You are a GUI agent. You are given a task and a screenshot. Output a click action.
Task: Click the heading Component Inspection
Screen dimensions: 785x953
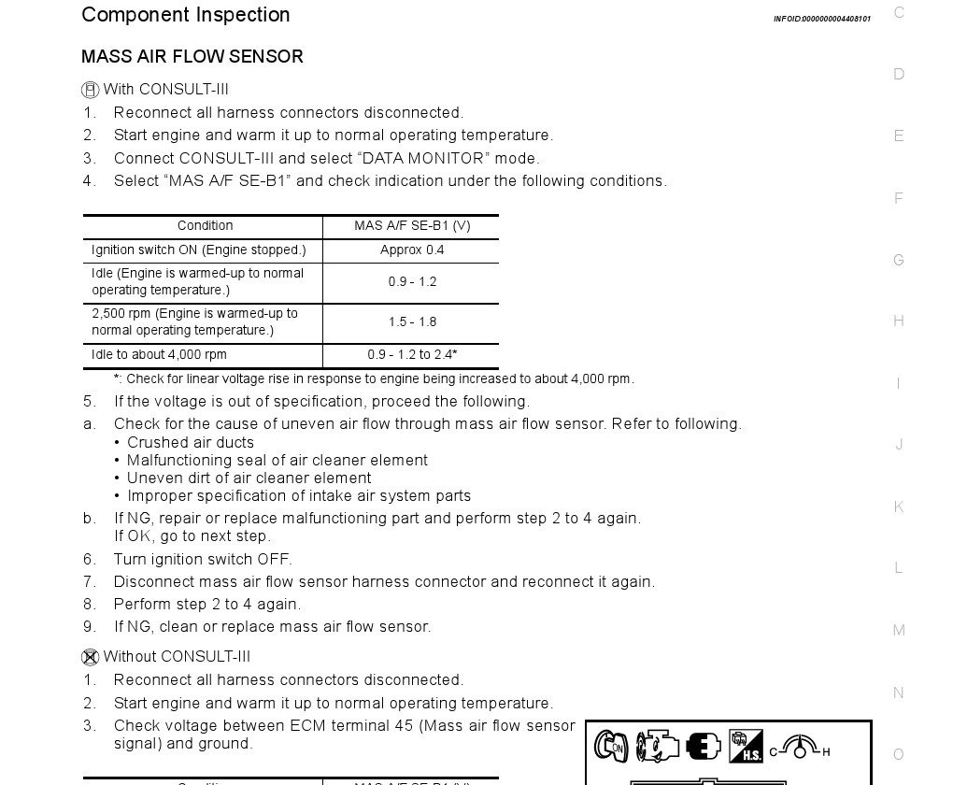(x=185, y=15)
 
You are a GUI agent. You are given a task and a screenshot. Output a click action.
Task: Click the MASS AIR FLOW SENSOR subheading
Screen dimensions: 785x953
(x=192, y=56)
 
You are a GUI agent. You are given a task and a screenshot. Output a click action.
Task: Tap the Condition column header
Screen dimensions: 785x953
(x=205, y=226)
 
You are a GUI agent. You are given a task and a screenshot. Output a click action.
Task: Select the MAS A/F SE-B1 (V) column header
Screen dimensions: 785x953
(x=411, y=226)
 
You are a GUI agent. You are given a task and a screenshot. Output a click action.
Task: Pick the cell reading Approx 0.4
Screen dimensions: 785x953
(x=411, y=250)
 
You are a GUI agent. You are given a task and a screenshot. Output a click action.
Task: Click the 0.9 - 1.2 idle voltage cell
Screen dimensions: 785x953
(x=411, y=282)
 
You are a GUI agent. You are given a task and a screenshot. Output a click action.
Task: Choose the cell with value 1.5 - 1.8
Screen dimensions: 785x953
(x=411, y=322)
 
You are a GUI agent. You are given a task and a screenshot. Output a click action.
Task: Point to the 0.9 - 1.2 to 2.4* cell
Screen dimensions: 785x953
(x=411, y=355)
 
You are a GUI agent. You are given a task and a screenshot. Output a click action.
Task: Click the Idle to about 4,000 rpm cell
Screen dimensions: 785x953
(x=159, y=355)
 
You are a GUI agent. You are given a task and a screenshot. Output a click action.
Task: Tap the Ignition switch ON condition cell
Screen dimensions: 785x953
(x=198, y=250)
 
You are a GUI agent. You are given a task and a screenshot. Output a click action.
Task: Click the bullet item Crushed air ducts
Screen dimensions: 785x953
(x=191, y=443)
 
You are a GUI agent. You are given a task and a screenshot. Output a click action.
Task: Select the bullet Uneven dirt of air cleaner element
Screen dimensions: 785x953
(x=249, y=478)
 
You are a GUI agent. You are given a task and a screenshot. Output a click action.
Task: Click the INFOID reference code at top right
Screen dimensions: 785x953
(x=821, y=19)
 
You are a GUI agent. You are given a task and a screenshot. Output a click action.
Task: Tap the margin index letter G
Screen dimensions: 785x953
(x=899, y=261)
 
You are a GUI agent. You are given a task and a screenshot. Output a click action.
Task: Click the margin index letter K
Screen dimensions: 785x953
(x=899, y=507)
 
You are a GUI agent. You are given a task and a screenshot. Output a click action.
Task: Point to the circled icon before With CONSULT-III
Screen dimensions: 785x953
(x=91, y=90)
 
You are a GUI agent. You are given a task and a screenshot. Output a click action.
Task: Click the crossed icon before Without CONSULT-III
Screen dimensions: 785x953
(x=91, y=657)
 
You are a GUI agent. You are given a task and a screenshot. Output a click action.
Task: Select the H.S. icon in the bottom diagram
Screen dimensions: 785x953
(x=746, y=746)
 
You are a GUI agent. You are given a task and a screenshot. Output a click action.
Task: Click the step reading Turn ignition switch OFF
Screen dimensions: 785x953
(x=203, y=560)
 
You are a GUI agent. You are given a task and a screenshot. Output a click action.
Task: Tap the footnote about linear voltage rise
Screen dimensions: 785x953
(x=374, y=379)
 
